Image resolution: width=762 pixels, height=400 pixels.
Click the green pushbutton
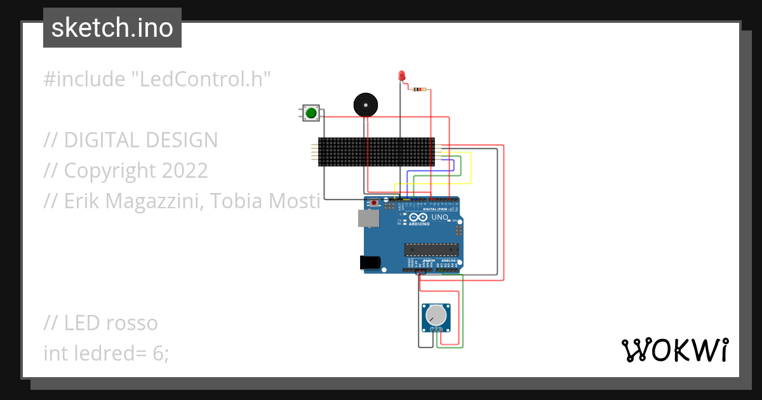(x=311, y=113)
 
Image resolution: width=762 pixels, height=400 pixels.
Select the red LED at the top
(x=401, y=76)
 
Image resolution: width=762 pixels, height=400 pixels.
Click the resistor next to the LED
(x=419, y=89)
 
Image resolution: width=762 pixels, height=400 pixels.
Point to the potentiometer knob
(x=436, y=316)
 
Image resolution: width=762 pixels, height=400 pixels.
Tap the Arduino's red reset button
(x=374, y=203)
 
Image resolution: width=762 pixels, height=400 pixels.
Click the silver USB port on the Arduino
(x=368, y=218)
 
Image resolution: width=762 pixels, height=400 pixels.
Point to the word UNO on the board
(x=439, y=218)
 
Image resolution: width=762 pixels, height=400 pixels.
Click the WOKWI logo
(x=674, y=350)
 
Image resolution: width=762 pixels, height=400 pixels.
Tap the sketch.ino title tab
(x=112, y=28)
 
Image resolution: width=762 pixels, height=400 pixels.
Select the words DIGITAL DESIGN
(x=141, y=140)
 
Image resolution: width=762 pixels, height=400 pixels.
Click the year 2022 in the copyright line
(x=184, y=170)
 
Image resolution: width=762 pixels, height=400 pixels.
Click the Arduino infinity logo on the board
(x=420, y=218)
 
